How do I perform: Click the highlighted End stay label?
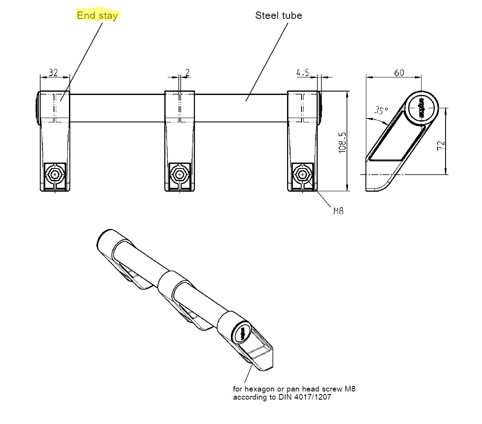tap(97, 16)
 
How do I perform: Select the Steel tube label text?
tap(278, 16)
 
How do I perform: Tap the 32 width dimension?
tap(53, 72)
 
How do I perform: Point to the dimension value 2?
tap(187, 72)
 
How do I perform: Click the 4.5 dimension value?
tap(302, 72)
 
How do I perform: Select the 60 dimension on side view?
tap(399, 72)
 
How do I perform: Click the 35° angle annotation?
tap(380, 110)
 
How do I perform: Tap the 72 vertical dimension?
tap(441, 145)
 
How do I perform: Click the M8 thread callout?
tap(338, 211)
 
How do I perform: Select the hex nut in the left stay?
tap(55, 175)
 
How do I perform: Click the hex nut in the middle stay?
tap(179, 175)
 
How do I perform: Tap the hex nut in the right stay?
tap(303, 175)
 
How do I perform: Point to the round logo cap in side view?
tap(422, 107)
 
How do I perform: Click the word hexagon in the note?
tap(259, 389)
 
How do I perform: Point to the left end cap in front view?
tap(37, 107)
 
